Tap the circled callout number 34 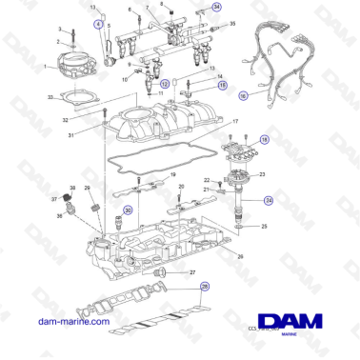(217, 7)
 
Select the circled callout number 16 (243, 95)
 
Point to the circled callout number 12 (164, 84)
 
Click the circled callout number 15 (223, 85)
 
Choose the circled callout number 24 (270, 201)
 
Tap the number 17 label (236, 122)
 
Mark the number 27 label (193, 273)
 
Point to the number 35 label (234, 20)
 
